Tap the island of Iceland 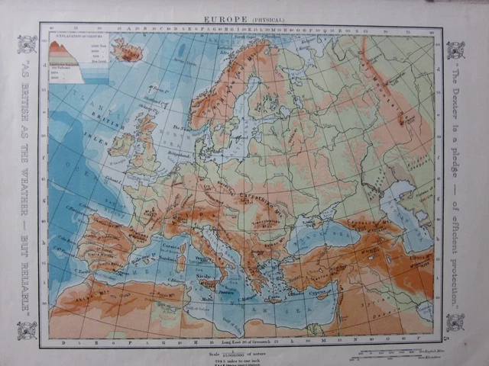click(128, 52)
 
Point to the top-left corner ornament click(28, 44)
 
